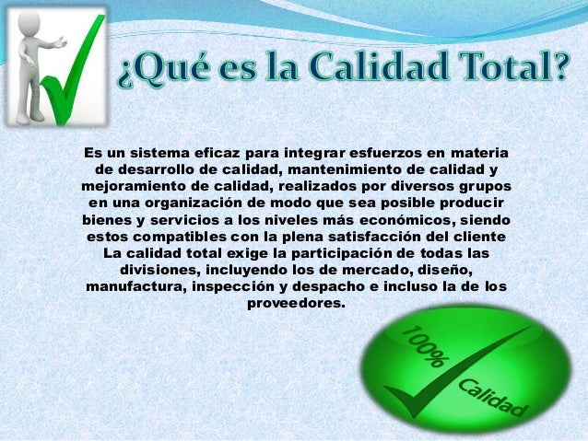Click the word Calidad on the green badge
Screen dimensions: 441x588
(x=492, y=396)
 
